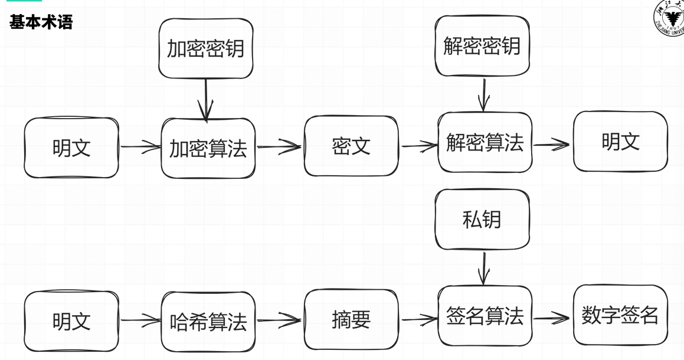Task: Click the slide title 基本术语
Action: coord(41,23)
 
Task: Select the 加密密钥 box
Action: coord(205,48)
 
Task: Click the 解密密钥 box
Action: coord(482,45)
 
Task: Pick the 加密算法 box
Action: coord(208,148)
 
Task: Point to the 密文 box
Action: coord(351,146)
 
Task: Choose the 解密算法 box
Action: coord(485,142)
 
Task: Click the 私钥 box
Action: coord(482,219)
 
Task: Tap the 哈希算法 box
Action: coord(208,322)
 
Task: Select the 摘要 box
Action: coord(351,319)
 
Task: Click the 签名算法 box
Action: coord(485,316)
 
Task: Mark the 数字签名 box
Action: coord(620,315)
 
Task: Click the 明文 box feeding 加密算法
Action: coord(71,148)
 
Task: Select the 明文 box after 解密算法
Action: coord(620,142)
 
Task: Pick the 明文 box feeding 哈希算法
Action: coord(71,322)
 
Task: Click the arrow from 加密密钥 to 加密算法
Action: coord(206,99)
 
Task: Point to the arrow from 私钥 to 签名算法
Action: coord(484,269)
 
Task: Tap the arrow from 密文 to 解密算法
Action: coord(419,146)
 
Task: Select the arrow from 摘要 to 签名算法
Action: coord(419,320)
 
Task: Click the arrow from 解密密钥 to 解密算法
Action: coord(484,94)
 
